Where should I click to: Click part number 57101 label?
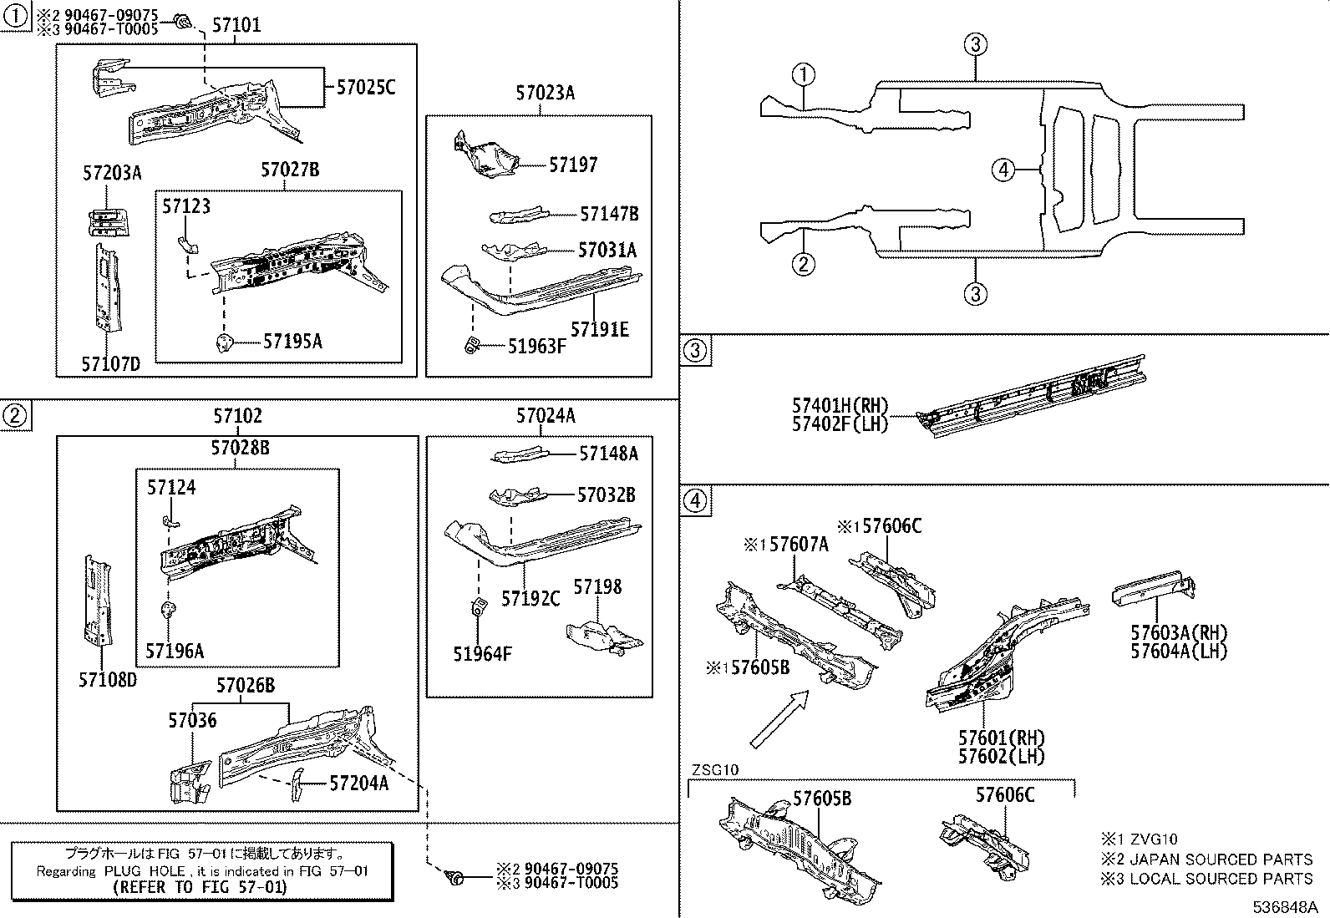(x=236, y=25)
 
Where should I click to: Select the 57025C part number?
(x=365, y=86)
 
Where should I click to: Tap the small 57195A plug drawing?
(x=224, y=342)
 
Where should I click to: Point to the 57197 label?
(x=573, y=165)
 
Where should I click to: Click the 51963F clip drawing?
(x=472, y=345)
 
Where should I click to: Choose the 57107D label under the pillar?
(x=110, y=364)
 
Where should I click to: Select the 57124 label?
(x=171, y=487)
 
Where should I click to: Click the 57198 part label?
(x=597, y=587)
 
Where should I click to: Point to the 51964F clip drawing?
(x=482, y=607)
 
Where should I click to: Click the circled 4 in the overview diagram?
(x=1003, y=170)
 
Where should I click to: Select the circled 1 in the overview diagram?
(x=803, y=75)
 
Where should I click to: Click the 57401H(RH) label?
(x=840, y=405)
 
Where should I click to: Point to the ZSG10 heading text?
(x=714, y=769)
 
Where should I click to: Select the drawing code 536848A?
(x=1284, y=907)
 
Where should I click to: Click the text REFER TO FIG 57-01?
(x=200, y=886)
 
